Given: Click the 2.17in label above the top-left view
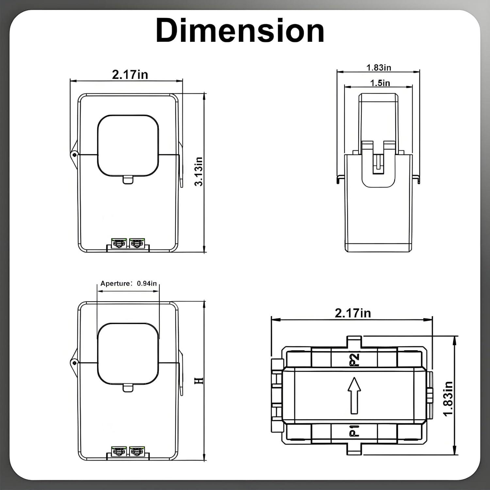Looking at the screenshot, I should pyautogui.click(x=130, y=74).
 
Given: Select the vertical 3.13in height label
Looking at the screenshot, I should pyautogui.click(x=199, y=171).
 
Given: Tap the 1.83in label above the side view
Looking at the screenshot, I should pyautogui.click(x=379, y=68).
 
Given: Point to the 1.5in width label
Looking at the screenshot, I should pyautogui.click(x=380, y=83).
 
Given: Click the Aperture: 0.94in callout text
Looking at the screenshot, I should pyautogui.click(x=128, y=283).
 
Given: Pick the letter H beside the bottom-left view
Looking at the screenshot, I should pyautogui.click(x=199, y=381).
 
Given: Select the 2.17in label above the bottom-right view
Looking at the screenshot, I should pyautogui.click(x=353, y=313).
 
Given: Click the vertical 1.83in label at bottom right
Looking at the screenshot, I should pyautogui.click(x=448, y=399).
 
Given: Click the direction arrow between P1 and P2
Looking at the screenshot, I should pyautogui.click(x=354, y=395).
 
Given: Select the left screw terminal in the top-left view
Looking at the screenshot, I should pyautogui.click(x=119, y=243).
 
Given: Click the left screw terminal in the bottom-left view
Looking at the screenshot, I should pyautogui.click(x=119, y=452).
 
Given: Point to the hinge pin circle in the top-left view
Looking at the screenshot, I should pyautogui.click(x=74, y=154).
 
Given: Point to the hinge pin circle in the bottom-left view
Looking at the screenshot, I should pyautogui.click(x=74, y=363).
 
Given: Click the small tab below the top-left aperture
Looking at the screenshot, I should pyautogui.click(x=128, y=180).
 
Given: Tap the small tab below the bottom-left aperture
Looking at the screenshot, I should pyautogui.click(x=128, y=388).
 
